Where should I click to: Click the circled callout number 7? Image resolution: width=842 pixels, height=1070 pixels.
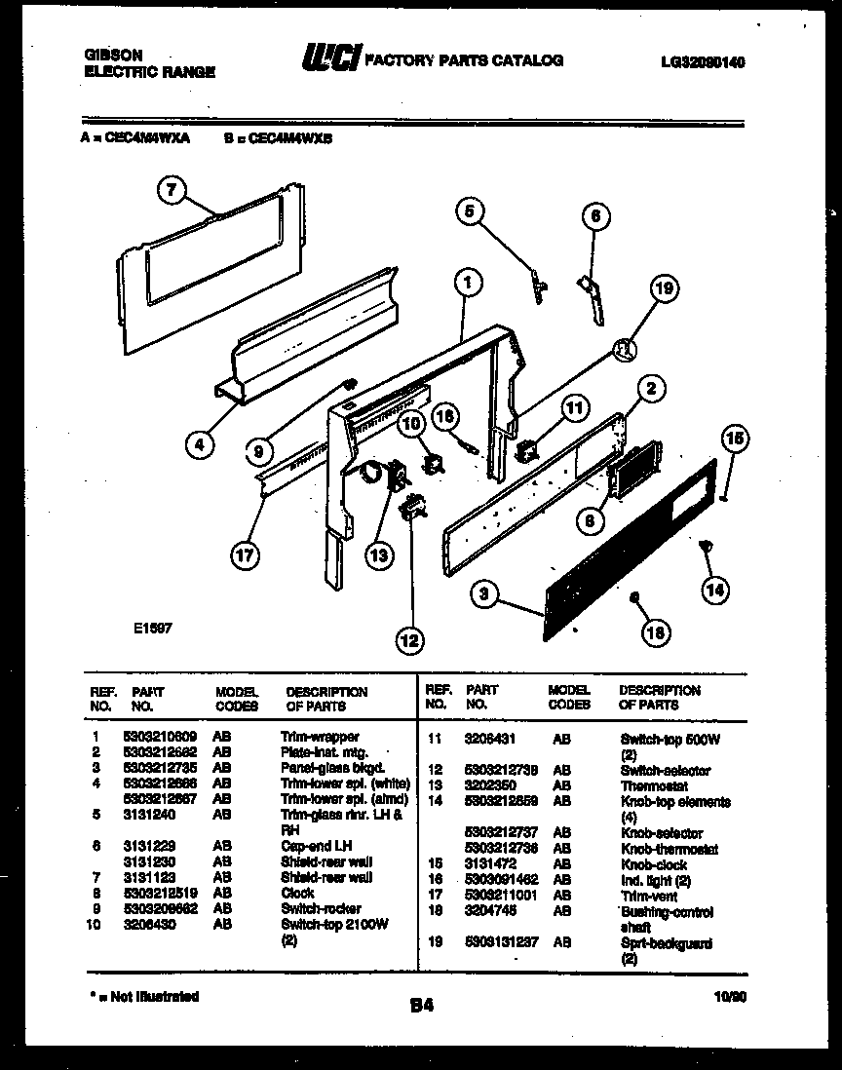tap(172, 191)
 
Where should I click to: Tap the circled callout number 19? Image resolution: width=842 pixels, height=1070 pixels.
tap(664, 288)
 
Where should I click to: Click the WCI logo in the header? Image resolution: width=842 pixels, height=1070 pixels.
tap(327, 60)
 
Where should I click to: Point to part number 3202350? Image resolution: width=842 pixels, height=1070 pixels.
tap(490, 785)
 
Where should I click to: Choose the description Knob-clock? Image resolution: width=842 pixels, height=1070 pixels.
tap(653, 864)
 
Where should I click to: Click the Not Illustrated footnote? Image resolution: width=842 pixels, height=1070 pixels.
tap(141, 996)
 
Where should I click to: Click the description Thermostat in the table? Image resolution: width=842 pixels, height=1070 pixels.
tap(653, 785)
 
